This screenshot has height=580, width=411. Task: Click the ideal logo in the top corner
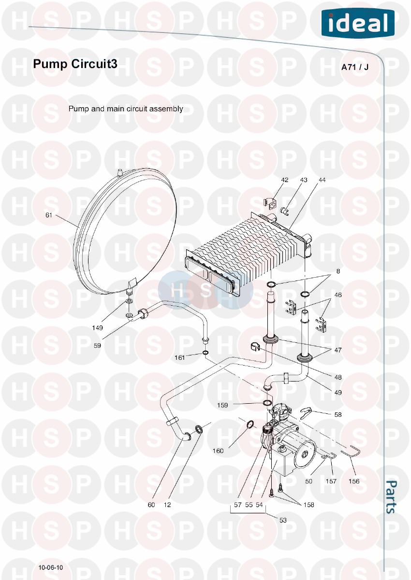point(358,23)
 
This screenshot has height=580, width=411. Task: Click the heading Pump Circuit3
point(75,64)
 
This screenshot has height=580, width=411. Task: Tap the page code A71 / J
point(355,67)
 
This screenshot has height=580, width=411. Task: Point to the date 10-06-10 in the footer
point(51,567)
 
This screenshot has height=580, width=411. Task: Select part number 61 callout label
point(49,215)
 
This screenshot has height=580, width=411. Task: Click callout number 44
point(322,180)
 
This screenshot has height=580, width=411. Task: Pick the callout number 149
point(98,328)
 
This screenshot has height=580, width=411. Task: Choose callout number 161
point(180,357)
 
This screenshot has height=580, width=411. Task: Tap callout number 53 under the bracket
point(283,520)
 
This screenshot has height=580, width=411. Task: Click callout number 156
point(354,481)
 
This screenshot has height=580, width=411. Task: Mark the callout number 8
point(338,271)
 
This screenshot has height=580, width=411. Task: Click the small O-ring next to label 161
point(205,353)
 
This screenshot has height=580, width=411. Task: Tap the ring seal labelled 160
point(250,425)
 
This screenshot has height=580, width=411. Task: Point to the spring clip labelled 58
point(307,413)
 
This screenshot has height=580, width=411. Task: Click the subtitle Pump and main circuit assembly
point(126,109)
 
